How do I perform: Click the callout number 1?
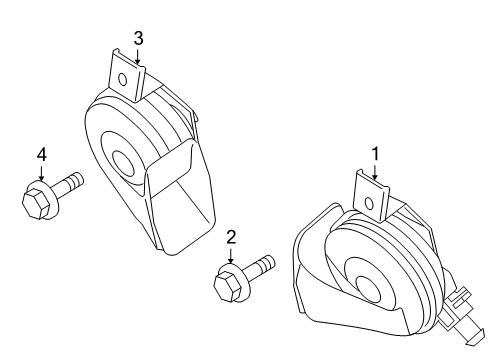point(375,154)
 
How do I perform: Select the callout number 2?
point(231,237)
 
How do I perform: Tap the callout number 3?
point(138,39)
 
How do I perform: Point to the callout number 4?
point(42,155)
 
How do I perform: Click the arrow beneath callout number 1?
point(375,171)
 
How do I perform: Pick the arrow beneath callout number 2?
point(230,255)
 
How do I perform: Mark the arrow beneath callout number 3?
point(137,55)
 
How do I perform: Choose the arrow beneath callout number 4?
point(41,172)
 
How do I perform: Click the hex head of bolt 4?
point(36,204)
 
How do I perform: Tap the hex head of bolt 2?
point(228,287)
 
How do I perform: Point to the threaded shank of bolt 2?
point(259,267)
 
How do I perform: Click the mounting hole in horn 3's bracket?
point(123,80)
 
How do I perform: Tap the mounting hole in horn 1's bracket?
point(369,203)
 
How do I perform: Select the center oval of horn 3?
point(123,162)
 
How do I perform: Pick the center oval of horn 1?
point(368,288)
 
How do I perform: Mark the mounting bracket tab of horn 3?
point(127,76)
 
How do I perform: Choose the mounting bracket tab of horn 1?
point(371,196)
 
